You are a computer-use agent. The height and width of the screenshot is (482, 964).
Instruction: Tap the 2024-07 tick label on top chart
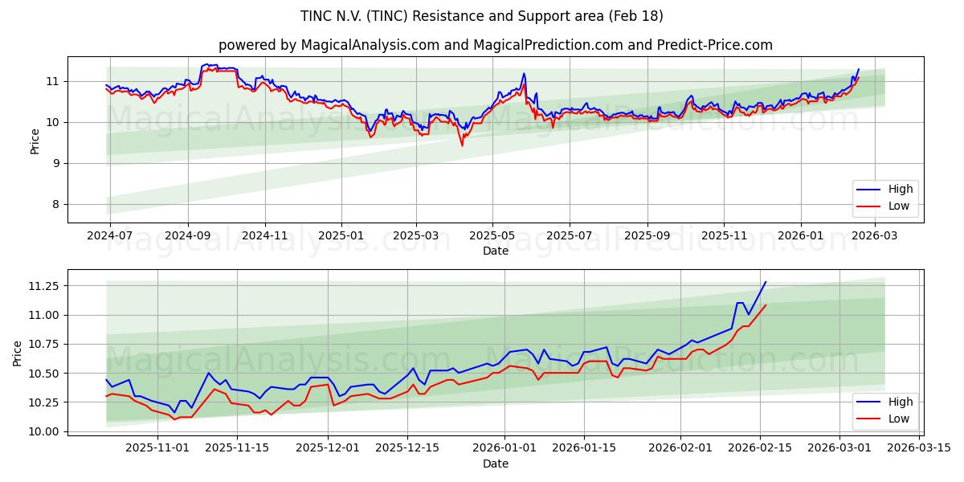tap(109, 236)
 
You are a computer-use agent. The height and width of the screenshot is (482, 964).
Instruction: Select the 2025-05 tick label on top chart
tap(492, 236)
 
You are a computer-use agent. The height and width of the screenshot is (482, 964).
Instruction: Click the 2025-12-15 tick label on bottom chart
tap(407, 447)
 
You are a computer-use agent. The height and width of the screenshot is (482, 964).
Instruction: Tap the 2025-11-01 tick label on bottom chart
tap(157, 447)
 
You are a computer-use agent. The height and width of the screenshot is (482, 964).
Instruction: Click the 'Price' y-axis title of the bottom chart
tap(18, 353)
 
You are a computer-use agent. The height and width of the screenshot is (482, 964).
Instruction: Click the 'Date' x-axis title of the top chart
tap(495, 251)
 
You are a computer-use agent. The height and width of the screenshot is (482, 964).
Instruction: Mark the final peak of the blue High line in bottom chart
tap(766, 282)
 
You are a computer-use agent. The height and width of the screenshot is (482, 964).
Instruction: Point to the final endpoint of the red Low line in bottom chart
tap(766, 305)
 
